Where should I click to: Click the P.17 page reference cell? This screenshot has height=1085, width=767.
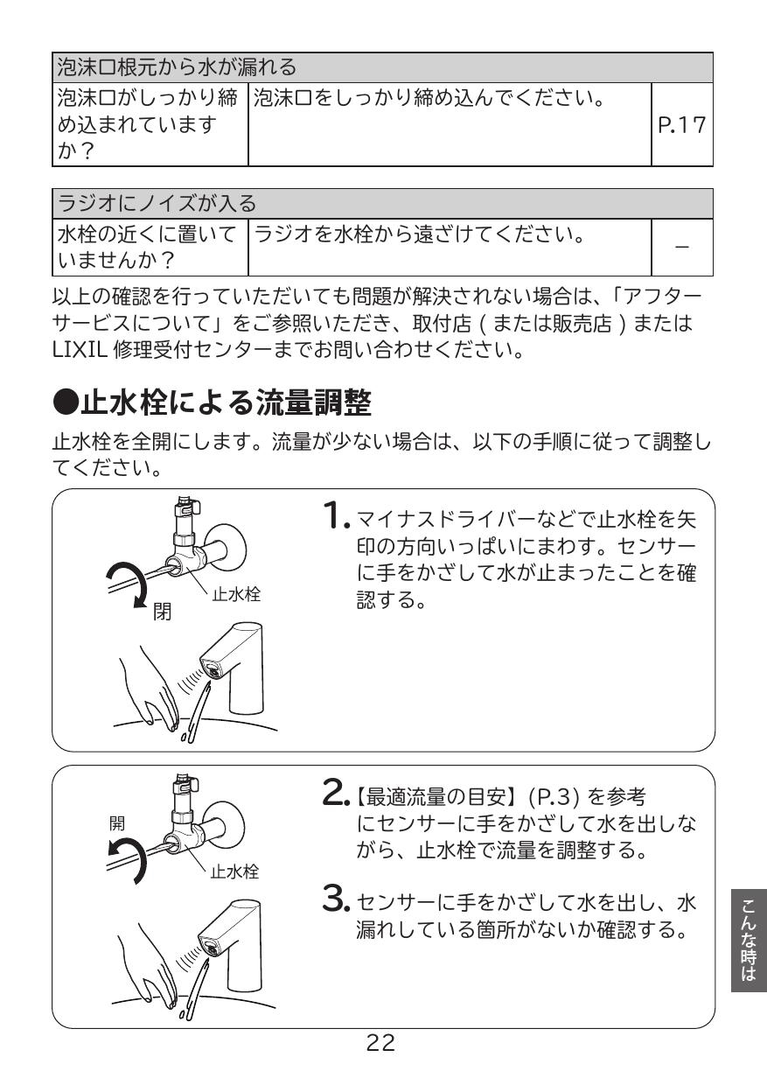(x=683, y=125)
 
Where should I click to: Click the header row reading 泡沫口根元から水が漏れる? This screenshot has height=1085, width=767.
(x=383, y=66)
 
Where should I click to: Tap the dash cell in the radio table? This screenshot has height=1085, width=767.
(x=683, y=248)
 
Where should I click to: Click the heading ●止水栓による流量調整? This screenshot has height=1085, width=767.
(x=213, y=404)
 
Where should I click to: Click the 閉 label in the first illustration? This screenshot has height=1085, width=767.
(x=163, y=612)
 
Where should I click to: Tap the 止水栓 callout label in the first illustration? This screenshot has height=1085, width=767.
(x=235, y=595)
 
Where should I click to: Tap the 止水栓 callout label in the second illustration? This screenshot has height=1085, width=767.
(x=234, y=871)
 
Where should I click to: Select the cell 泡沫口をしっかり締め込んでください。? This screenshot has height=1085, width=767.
(x=429, y=94)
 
